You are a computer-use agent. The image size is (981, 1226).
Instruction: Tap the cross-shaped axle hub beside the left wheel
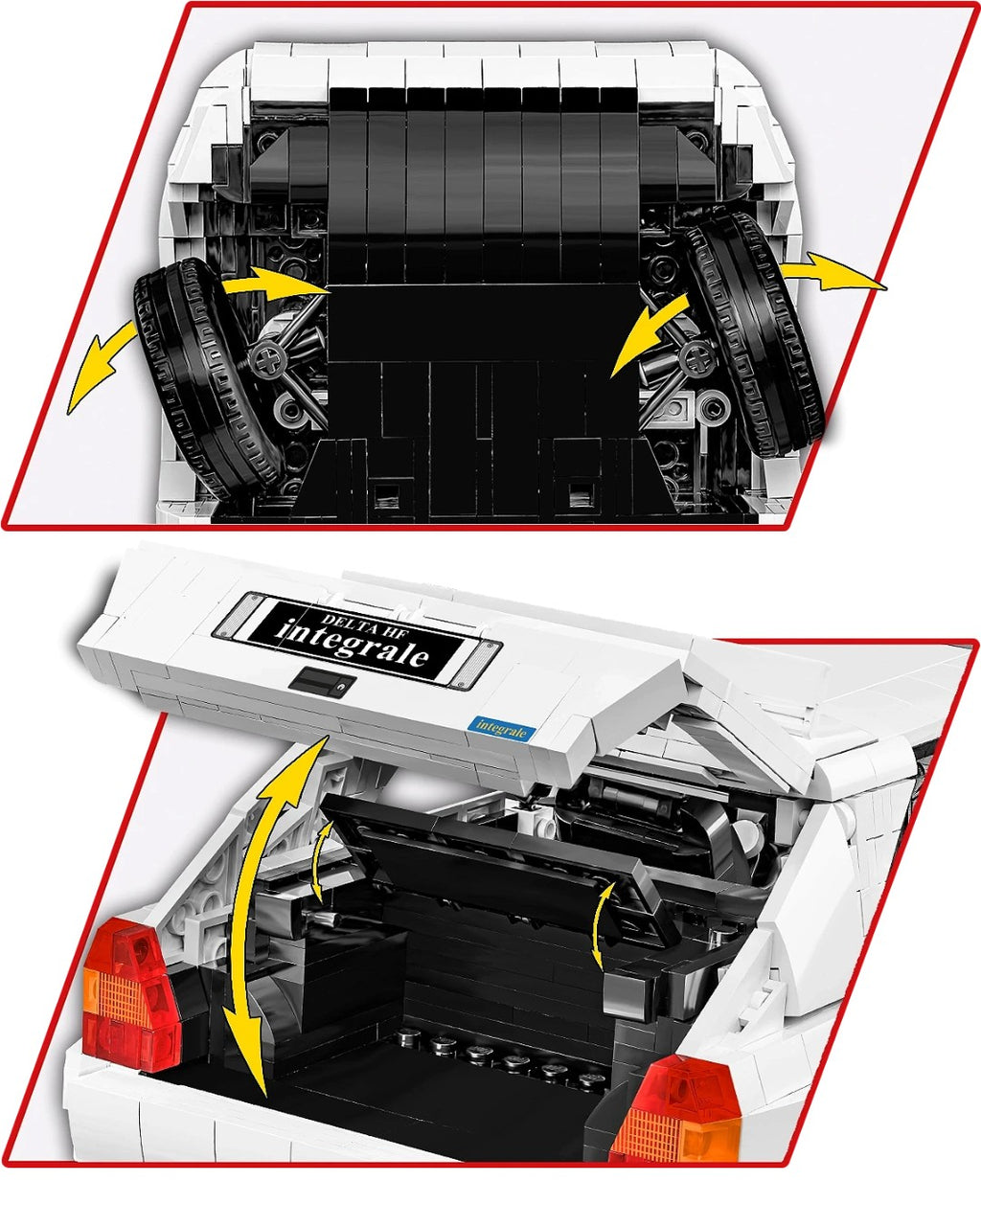[268, 359]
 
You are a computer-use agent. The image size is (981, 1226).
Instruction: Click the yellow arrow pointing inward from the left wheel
[274, 282]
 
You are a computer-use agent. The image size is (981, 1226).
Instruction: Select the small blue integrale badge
[500, 728]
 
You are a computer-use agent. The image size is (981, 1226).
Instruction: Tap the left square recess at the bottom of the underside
[386, 494]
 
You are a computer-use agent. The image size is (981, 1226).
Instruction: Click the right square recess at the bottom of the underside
[582, 494]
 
